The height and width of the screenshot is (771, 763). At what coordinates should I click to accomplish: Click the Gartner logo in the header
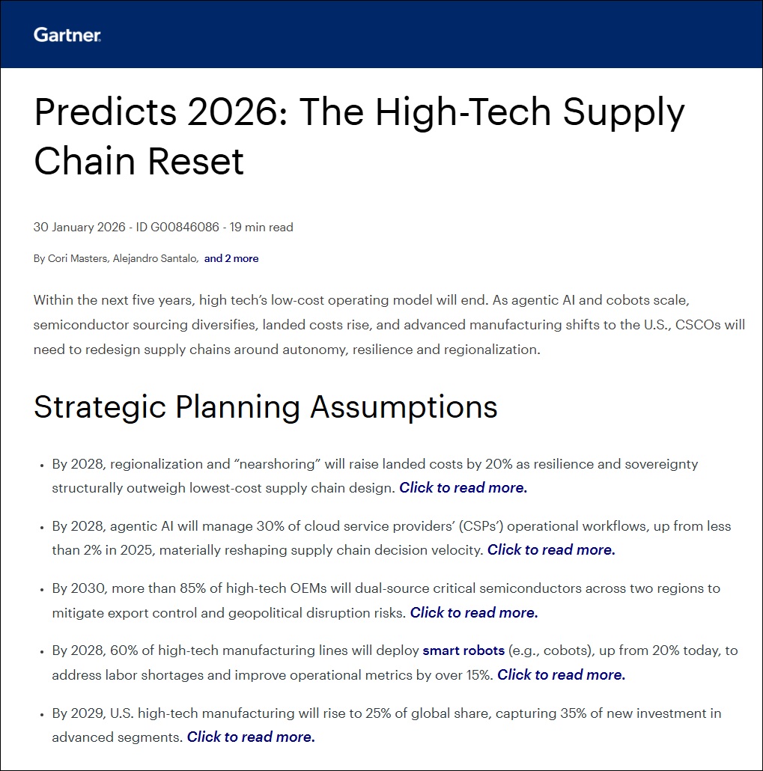click(67, 35)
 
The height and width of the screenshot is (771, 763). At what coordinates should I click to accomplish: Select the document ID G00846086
click(184, 227)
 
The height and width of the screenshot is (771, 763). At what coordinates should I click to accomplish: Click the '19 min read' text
click(261, 227)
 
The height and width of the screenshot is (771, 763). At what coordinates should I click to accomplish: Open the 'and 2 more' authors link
click(231, 259)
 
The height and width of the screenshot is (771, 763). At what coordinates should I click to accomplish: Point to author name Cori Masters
click(77, 259)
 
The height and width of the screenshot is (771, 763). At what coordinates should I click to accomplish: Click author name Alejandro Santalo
click(155, 259)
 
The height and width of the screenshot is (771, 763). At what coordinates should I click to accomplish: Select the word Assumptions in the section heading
click(404, 407)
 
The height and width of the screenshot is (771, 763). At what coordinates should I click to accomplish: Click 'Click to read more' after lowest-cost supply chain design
click(463, 488)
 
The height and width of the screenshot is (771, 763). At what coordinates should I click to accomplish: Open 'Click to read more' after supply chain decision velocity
click(551, 549)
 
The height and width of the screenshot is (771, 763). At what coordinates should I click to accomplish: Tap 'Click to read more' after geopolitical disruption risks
click(474, 612)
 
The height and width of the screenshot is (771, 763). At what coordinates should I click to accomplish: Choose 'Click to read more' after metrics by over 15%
click(561, 674)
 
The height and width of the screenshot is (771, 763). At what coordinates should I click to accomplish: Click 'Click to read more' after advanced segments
click(251, 737)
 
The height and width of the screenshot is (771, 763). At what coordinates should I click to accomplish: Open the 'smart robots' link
click(463, 650)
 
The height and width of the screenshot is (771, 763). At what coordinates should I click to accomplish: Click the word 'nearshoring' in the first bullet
click(278, 464)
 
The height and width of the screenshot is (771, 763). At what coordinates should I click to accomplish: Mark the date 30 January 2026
click(79, 227)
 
